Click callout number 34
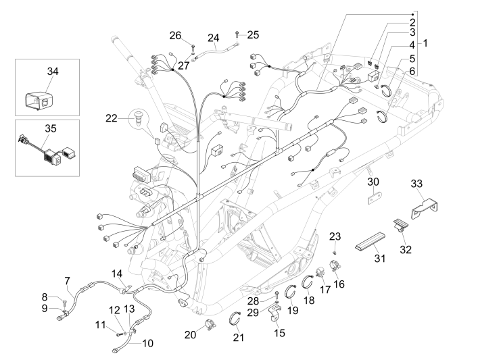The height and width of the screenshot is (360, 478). [x=53, y=71]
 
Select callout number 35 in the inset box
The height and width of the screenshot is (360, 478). [x=53, y=127]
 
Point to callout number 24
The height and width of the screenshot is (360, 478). [x=214, y=37]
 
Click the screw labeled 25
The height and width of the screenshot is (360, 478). [x=237, y=34]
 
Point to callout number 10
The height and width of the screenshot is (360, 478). [x=147, y=343]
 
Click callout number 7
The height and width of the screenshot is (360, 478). [x=67, y=280]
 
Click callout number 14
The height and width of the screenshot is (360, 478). [x=118, y=273]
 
